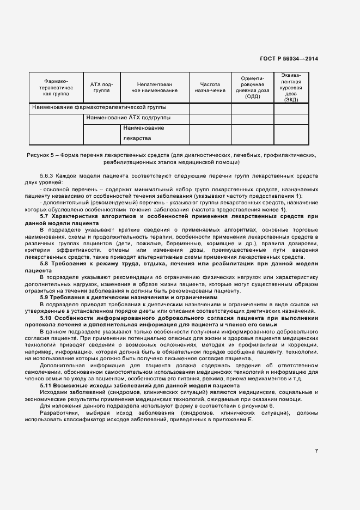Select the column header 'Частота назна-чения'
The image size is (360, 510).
point(210,88)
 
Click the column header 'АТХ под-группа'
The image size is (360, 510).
point(101,88)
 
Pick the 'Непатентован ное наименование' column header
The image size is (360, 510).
point(155,88)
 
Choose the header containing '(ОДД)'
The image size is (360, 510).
point(252,88)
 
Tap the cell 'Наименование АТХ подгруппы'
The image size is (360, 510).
point(128,118)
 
